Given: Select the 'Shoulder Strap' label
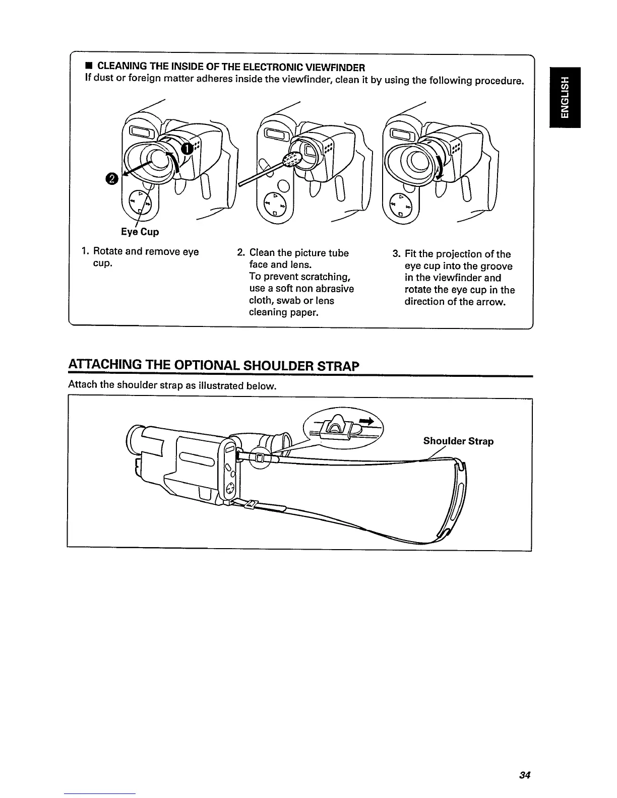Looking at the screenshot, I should coord(458,441).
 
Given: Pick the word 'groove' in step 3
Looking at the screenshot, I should coord(495,266).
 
